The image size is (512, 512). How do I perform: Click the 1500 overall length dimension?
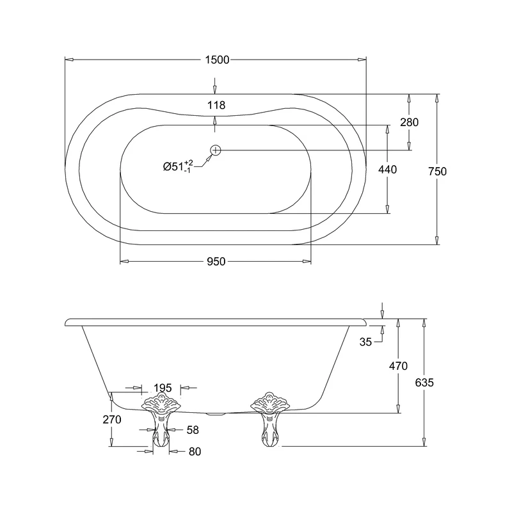click(216, 60)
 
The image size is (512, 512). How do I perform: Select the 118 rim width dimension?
click(216, 105)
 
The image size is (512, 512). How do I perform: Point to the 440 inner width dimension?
click(387, 170)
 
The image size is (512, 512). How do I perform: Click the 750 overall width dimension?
click(437, 171)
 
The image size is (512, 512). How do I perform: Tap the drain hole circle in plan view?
click(216, 150)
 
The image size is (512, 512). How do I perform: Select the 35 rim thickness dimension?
click(365, 342)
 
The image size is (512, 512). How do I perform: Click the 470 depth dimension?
click(398, 366)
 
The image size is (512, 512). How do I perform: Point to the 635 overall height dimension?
click(424, 383)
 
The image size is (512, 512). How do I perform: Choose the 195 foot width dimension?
click(163, 388)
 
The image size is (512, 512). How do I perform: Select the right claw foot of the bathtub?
click(269, 422)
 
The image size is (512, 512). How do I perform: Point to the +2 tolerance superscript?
click(189, 163)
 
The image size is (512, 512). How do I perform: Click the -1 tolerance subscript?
click(189, 171)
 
